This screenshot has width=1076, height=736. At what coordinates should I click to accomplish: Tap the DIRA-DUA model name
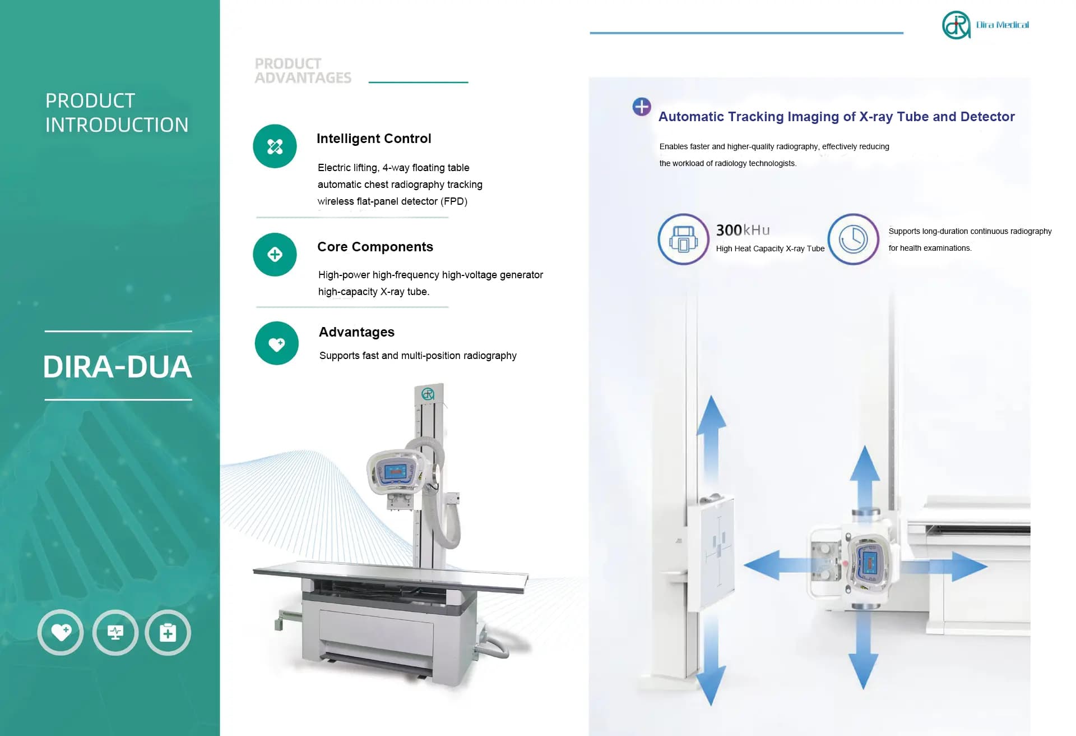pos(118,367)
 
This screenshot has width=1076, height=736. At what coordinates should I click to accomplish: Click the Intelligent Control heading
pos(374,139)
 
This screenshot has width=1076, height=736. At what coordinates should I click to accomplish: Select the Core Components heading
pos(375,247)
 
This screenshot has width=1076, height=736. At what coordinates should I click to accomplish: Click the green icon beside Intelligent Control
pos(275,146)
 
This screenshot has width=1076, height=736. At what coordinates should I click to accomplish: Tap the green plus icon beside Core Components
pos(275,255)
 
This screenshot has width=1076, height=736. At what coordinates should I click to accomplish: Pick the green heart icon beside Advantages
pos(276,343)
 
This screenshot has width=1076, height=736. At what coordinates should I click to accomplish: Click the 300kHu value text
pos(743,230)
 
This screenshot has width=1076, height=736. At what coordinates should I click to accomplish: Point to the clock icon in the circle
pos(853,239)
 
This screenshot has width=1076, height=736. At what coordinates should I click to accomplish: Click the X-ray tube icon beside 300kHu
pos(683,239)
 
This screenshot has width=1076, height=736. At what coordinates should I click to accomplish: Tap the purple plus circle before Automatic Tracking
pos(642,107)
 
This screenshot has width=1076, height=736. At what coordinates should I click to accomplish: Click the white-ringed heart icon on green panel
pos(61,632)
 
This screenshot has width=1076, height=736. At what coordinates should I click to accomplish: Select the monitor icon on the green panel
pos(115,632)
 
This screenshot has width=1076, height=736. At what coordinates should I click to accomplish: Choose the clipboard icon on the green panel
pos(168,632)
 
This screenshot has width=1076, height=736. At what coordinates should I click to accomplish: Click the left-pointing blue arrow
pos(765,565)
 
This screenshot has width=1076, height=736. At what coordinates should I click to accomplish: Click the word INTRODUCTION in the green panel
pos(117,125)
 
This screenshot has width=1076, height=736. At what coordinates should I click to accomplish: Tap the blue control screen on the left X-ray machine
pos(396,471)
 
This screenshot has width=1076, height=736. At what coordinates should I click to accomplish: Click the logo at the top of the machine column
pos(428,394)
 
